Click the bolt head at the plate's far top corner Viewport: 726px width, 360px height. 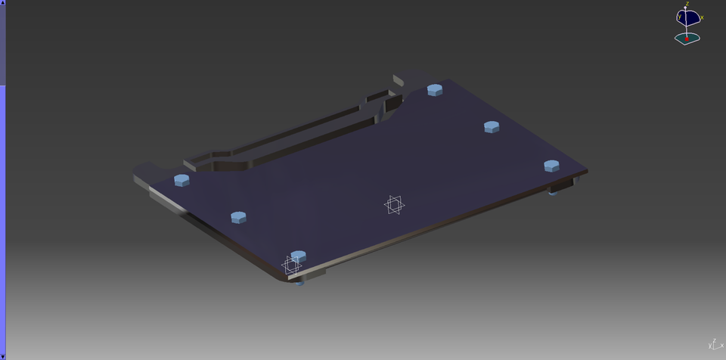pyautogui.click(x=435, y=90)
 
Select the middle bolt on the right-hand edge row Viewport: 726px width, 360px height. pyautogui.click(x=492, y=126)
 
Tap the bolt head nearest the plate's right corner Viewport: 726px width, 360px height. pyautogui.click(x=551, y=166)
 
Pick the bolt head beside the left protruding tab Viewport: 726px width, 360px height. pyautogui.click(x=181, y=180)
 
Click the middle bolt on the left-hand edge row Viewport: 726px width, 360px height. pyautogui.click(x=238, y=217)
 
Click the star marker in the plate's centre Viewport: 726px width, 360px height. pyautogui.click(x=393, y=204)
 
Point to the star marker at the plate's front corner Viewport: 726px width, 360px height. pyautogui.click(x=290, y=265)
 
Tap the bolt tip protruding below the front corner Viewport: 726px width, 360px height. pyautogui.click(x=302, y=284)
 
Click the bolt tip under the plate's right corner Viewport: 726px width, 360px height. pyautogui.click(x=553, y=193)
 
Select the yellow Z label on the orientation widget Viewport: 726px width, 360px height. pyautogui.click(x=687, y=5)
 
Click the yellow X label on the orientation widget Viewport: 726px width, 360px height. pyautogui.click(x=702, y=17)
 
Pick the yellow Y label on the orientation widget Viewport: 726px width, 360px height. pyautogui.click(x=680, y=16)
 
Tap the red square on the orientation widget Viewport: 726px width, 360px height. pyautogui.click(x=687, y=38)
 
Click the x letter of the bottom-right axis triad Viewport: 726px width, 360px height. pyautogui.click(x=722, y=345)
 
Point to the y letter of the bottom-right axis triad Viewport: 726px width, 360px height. pyautogui.click(x=710, y=346)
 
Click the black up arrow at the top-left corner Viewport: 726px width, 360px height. pyautogui.click(x=3, y=3)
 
